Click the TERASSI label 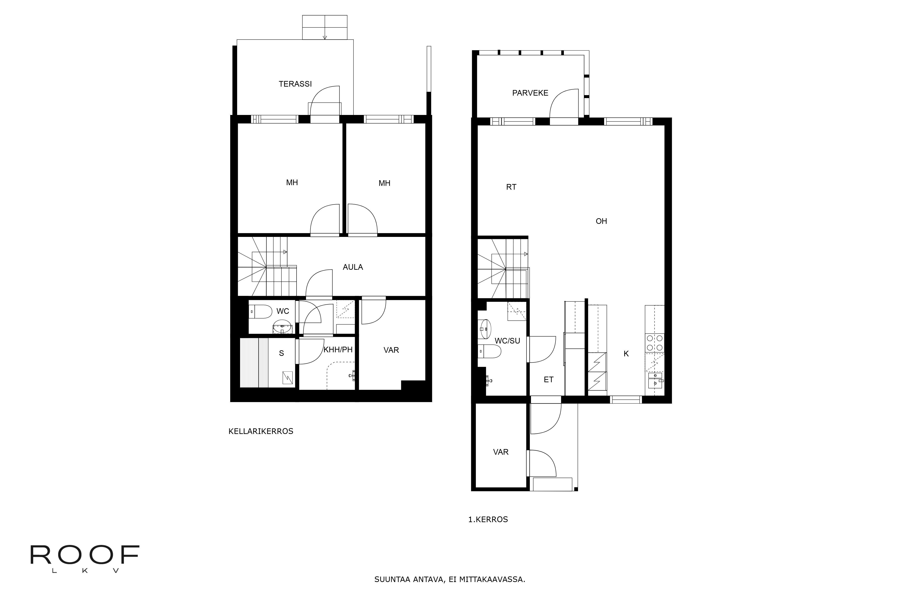coord(295,84)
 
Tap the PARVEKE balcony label coord(530,93)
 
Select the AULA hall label coord(352,267)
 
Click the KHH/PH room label coord(338,350)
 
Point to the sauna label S coord(281,353)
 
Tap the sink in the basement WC coord(282,328)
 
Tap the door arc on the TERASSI coord(324,100)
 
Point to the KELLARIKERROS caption coord(261,431)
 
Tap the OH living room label coord(601,221)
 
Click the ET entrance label coord(548,380)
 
